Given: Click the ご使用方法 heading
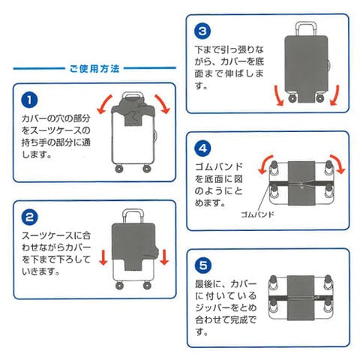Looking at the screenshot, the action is tap(94, 68).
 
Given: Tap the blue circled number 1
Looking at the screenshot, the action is tap(29, 100).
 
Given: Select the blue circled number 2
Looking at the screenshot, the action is tap(29, 217).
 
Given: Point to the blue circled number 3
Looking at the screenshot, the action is tap(202, 31).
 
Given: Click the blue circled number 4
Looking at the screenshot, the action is tap(202, 148).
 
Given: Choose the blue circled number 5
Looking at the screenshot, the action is tap(203, 265).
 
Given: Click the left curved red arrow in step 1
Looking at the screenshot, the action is tap(103, 104).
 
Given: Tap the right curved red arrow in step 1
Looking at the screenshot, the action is tap(163, 103).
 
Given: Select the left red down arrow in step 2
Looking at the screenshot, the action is tap(103, 256).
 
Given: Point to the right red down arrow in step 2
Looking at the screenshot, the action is tap(164, 256).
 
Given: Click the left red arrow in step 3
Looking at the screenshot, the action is tap(278, 96).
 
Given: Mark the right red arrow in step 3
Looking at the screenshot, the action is tap(335, 96).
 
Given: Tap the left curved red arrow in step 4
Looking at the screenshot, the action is tap(265, 163).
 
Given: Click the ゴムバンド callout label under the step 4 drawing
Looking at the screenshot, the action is tap(257, 214).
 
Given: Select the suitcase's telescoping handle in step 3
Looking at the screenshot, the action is tap(306, 28).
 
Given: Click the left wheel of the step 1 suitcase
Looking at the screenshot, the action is tap(119, 169).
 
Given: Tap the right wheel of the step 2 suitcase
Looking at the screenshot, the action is tap(147, 285).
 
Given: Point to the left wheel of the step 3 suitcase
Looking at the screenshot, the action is tap(292, 97).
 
